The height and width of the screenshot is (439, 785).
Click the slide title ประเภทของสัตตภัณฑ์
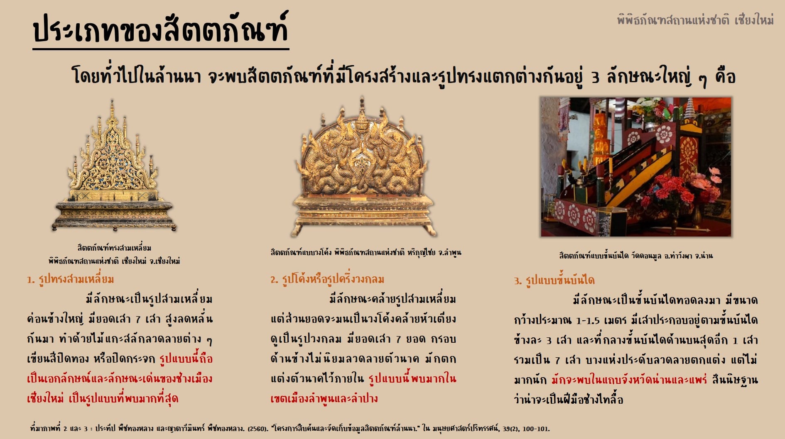coord(161,29)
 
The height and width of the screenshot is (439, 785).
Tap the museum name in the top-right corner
coord(695,20)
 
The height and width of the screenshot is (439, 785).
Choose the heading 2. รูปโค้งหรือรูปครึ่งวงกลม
coord(327,279)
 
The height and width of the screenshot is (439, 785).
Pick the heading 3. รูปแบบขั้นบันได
coord(554,280)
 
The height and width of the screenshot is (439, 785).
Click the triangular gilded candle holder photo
coord(113,166)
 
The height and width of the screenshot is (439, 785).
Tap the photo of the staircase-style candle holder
coord(635,167)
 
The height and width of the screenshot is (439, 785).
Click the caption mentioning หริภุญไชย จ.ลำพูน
coord(366,252)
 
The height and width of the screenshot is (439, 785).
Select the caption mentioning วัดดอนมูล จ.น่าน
coord(636,256)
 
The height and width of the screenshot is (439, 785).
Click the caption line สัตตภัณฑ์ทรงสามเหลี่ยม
coord(114,248)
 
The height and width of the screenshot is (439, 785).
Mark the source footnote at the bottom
coord(290,428)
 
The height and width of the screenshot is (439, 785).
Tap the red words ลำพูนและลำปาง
coord(324,398)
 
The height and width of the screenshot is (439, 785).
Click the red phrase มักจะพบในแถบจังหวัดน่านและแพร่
coord(629,379)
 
